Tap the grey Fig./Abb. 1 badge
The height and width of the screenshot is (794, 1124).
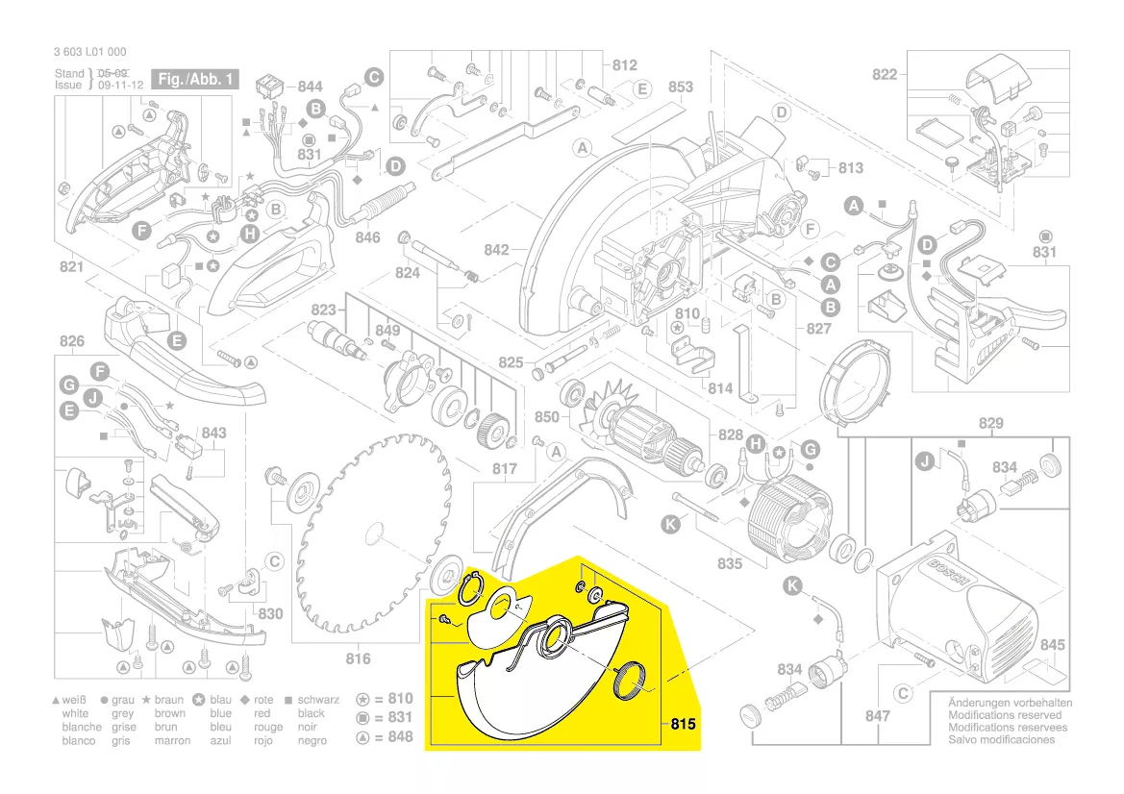coord(197,80)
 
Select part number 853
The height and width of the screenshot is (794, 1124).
coord(680,87)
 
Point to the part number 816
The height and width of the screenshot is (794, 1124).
coord(358,658)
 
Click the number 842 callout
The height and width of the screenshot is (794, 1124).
coord(496,250)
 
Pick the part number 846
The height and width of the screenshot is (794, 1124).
coord(368,236)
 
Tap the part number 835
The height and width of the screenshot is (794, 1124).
coord(730,563)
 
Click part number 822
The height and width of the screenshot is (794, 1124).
coord(885,75)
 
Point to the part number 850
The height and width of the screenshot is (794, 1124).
coord(546,417)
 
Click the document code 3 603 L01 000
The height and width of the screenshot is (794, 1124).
coord(90,52)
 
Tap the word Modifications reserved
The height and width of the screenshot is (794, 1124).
coord(1005,715)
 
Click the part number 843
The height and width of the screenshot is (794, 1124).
coord(214,433)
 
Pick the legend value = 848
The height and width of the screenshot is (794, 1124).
coord(393,737)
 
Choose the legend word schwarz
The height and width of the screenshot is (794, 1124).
coord(318,701)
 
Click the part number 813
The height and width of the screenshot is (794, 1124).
coord(851,168)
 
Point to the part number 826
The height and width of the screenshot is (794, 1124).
coord(72,341)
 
